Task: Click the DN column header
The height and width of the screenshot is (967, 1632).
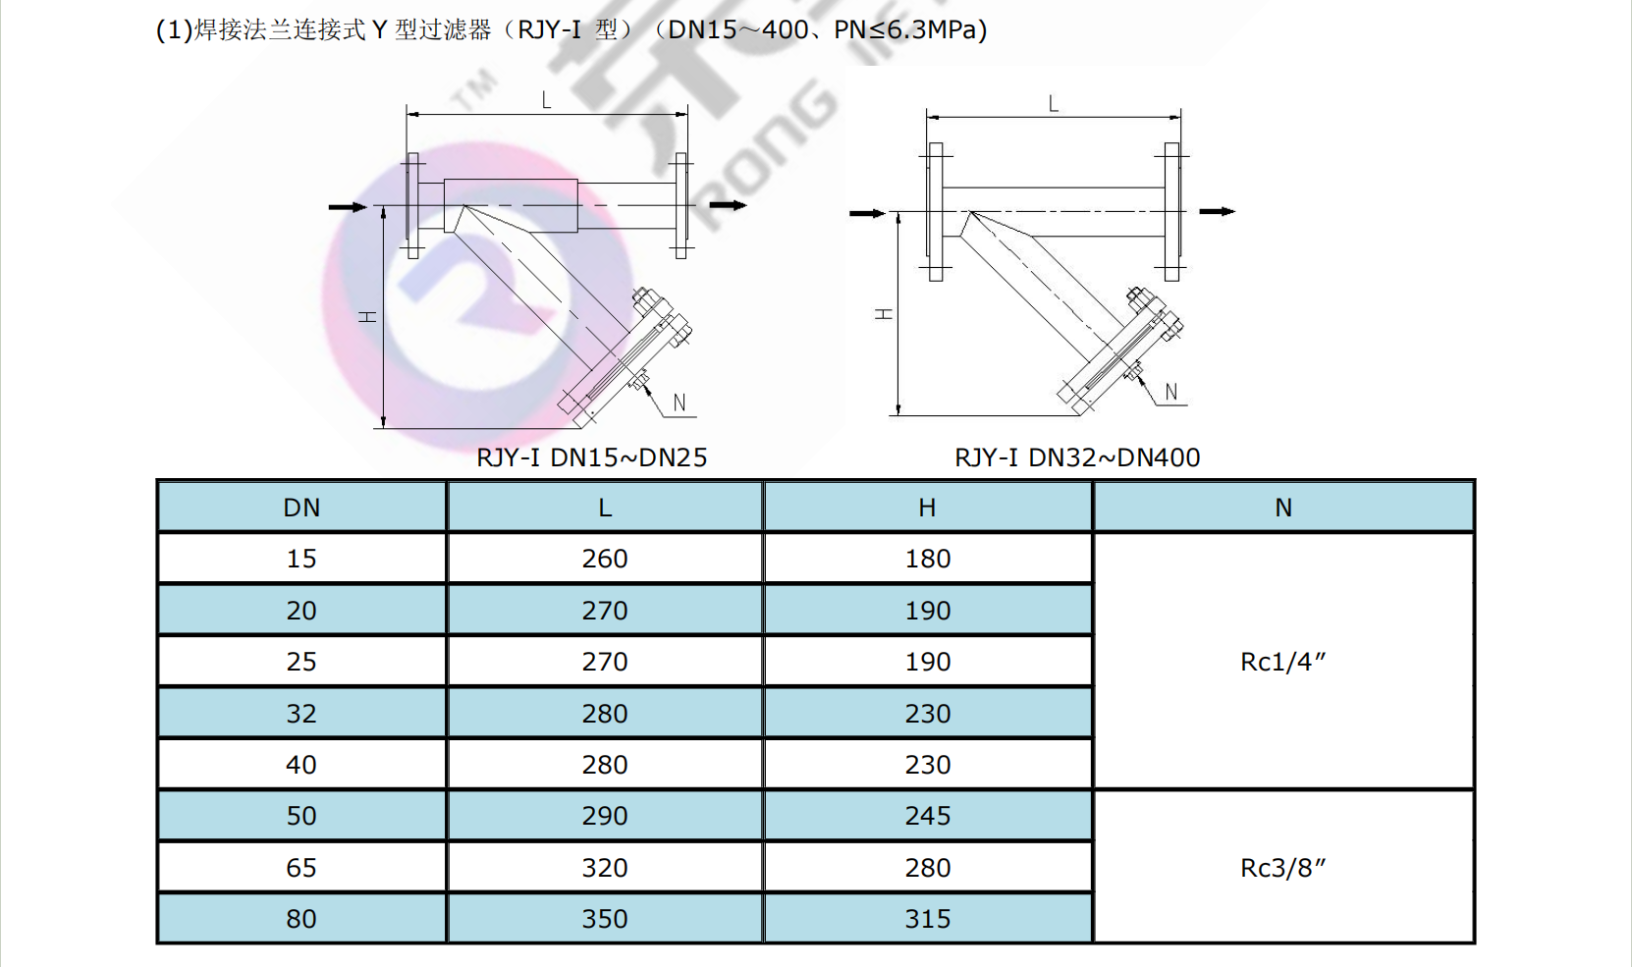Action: click(301, 508)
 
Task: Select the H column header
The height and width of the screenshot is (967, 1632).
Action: click(927, 508)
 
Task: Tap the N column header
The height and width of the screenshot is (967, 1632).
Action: click(1283, 508)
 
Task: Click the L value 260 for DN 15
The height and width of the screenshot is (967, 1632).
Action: click(605, 559)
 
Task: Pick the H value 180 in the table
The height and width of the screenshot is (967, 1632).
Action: click(928, 559)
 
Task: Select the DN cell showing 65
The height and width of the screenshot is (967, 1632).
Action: click(301, 868)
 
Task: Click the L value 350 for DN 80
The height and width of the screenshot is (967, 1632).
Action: click(605, 919)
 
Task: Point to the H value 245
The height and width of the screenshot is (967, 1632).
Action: click(928, 816)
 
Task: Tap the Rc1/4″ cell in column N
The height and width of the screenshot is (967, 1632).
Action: click(1283, 662)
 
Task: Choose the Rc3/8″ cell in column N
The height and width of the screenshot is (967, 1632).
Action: click(1283, 868)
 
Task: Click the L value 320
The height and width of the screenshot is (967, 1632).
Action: click(605, 868)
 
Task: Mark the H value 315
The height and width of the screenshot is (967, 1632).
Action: click(928, 919)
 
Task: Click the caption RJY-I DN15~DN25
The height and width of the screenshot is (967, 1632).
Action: click(592, 457)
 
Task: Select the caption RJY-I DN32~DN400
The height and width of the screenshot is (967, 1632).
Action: click(1077, 457)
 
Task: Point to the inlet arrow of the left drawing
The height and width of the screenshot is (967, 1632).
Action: click(348, 207)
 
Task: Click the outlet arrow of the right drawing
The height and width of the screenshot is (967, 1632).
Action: click(1218, 211)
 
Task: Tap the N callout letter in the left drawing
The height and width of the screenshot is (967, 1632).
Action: click(680, 403)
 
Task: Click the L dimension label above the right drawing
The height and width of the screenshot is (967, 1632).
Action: click(1054, 104)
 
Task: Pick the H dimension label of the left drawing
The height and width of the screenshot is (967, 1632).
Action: click(367, 316)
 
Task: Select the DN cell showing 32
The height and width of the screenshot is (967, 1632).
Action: click(301, 714)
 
